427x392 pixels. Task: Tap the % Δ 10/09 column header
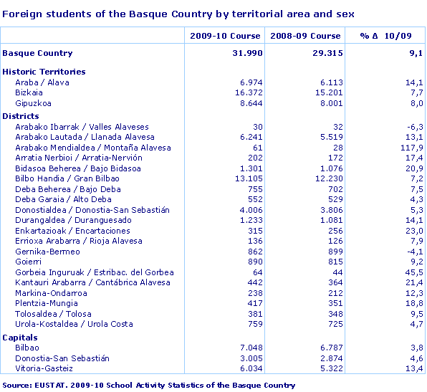pos(386,36)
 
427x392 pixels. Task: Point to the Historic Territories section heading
pos(44,72)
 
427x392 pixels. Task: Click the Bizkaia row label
pos(29,92)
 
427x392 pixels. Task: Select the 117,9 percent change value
pos(412,148)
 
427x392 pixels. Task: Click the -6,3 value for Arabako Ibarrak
pos(415,127)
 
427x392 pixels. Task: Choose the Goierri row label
pos(29,262)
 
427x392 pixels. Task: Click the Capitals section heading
pos(20,337)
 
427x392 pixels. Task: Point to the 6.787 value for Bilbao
pos(329,348)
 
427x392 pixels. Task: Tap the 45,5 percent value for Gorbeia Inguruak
pos(415,272)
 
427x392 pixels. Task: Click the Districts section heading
pos(21,116)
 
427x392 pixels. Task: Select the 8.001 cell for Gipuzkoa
pos(329,103)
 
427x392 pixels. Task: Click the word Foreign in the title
pos(19,14)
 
